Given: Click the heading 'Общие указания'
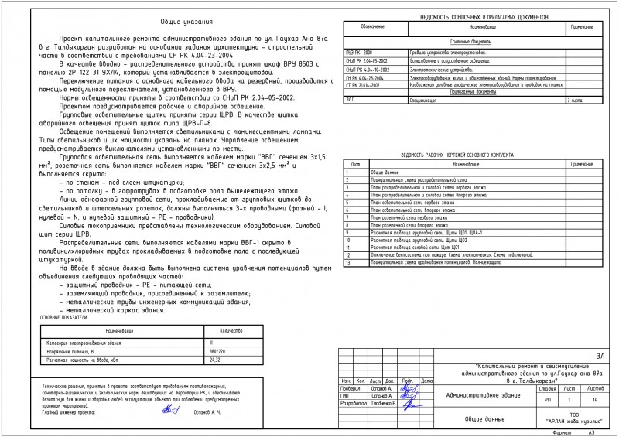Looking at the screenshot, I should point(183,23).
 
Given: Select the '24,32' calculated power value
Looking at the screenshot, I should point(215,360).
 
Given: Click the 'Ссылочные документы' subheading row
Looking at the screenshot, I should point(471,41).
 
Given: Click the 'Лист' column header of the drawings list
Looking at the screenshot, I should point(355,165).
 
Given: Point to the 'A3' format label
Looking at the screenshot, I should point(591,432).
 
